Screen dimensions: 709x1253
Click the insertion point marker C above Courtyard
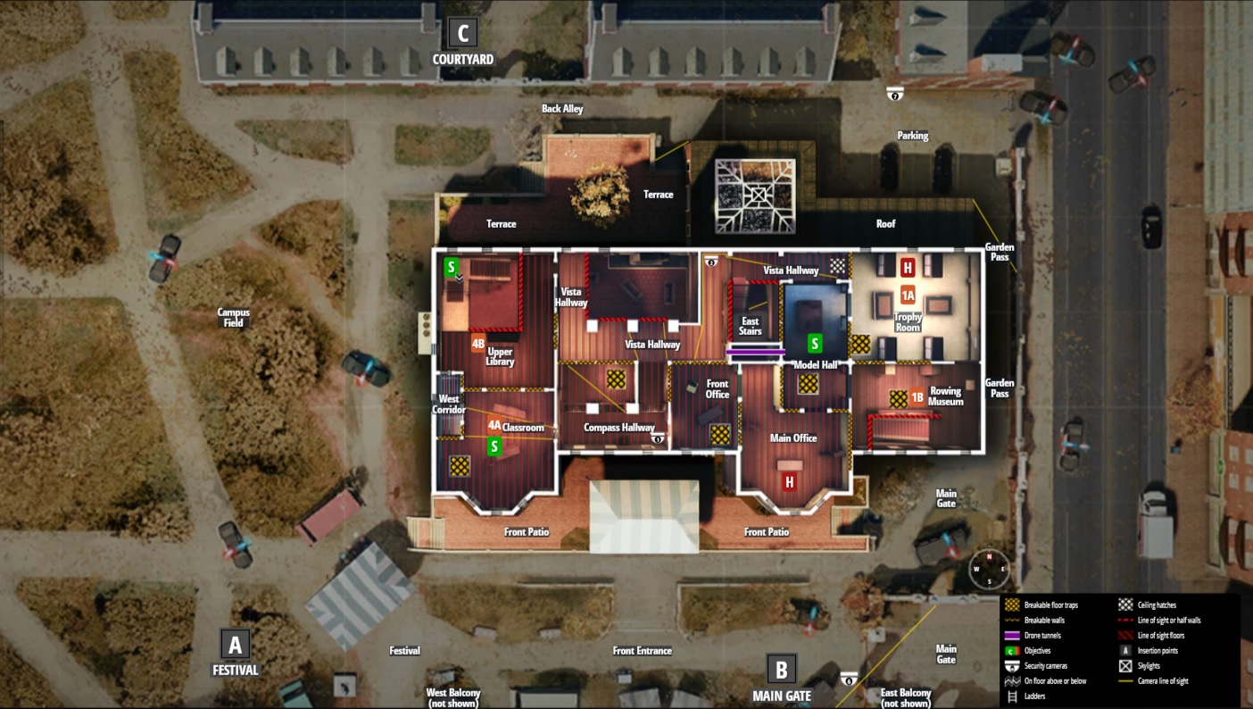click(462, 34)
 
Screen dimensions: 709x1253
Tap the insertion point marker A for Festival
click(235, 644)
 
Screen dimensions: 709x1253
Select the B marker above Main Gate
click(781, 669)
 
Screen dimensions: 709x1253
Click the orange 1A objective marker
click(908, 296)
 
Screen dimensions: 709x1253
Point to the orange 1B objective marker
click(917, 398)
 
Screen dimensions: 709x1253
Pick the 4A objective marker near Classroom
click(494, 426)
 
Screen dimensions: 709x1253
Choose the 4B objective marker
click(478, 343)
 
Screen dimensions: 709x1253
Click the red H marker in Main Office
click(789, 482)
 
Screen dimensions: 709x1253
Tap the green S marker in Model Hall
click(814, 343)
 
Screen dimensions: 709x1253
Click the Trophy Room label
click(908, 322)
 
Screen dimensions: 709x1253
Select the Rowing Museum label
click(946, 396)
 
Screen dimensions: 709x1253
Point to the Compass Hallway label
click(618, 428)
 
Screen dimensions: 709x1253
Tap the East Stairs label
click(751, 326)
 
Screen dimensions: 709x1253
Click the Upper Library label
click(500, 356)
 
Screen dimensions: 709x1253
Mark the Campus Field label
click(234, 317)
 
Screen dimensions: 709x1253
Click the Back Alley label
click(562, 109)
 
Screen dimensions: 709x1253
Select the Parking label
click(912, 136)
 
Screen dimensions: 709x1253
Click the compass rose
click(990, 569)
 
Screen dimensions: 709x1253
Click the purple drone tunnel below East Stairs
click(755, 353)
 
